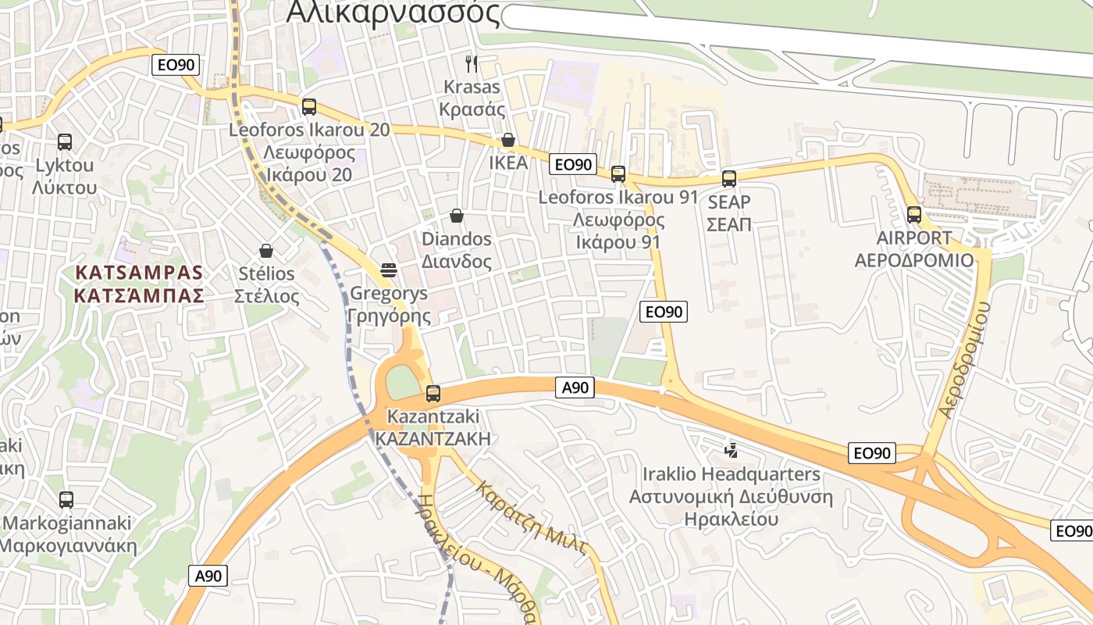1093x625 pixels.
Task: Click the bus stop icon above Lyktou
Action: [x=65, y=142]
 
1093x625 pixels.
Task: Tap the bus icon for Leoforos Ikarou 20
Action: [x=309, y=107]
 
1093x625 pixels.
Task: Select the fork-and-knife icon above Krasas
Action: [x=471, y=63]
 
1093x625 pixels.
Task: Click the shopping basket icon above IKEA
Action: [x=508, y=140]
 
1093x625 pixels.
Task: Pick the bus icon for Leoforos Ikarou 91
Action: [x=618, y=174]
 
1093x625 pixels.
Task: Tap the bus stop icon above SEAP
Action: [x=729, y=179]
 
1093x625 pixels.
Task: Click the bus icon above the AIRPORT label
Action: [x=914, y=214]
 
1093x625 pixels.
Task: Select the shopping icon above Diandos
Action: [x=457, y=216]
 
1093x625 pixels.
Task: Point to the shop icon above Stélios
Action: [x=266, y=251]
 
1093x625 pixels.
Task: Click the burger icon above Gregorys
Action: [x=389, y=270]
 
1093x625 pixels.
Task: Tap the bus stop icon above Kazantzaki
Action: [x=433, y=394]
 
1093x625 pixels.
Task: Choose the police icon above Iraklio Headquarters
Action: [x=732, y=450]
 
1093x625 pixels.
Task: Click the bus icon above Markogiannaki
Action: [x=66, y=499]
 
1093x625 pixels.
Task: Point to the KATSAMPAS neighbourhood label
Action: [x=140, y=273]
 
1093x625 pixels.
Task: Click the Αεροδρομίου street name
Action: [x=965, y=359]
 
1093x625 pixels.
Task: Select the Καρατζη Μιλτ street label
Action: [x=532, y=517]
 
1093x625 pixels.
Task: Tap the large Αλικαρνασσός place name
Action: [x=393, y=12]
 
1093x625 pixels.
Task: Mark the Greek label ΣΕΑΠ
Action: [x=728, y=225]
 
